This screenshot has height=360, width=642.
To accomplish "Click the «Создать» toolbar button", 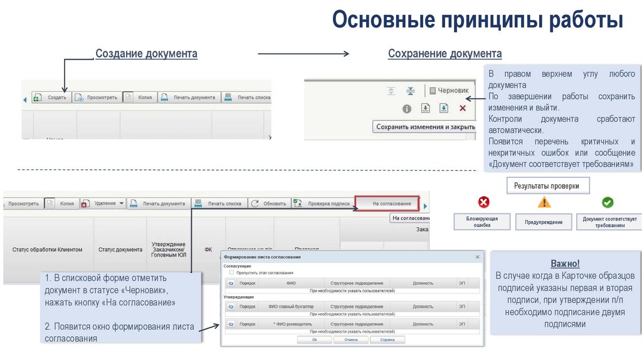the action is [x=50, y=98].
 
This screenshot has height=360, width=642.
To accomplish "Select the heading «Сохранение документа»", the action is [x=445, y=54].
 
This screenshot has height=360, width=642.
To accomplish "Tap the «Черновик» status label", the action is [x=449, y=90].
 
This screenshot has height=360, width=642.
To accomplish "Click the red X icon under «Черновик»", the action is [x=463, y=109].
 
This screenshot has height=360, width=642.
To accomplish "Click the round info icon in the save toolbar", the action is [x=406, y=109].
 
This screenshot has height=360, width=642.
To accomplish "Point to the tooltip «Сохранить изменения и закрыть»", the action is [x=425, y=127].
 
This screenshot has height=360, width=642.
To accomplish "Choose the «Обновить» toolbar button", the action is [x=268, y=203].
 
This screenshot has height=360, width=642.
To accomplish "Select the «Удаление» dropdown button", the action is [x=103, y=203].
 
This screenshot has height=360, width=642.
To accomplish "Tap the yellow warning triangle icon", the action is [x=544, y=203].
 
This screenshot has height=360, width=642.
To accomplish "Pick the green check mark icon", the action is [x=608, y=203].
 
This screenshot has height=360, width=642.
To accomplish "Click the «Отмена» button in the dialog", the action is [x=350, y=339].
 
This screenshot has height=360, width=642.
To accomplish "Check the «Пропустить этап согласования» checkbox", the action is [x=232, y=273].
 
